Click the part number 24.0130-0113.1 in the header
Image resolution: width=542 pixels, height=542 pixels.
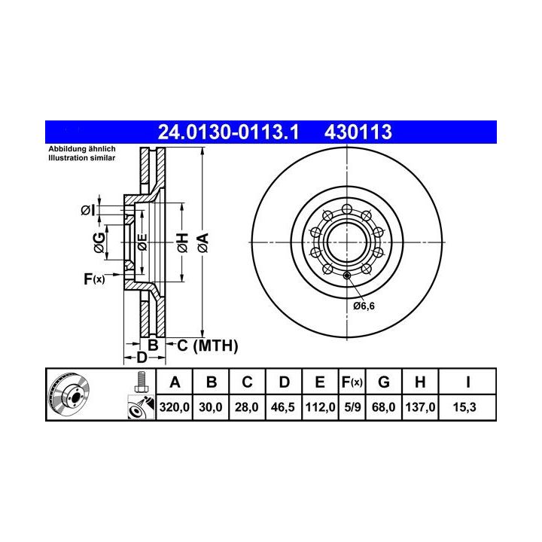pyautogui.click(x=228, y=132)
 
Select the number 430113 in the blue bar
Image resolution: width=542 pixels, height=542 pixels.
pyautogui.click(x=358, y=132)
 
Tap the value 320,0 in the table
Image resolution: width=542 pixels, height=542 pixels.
pyautogui.click(x=174, y=407)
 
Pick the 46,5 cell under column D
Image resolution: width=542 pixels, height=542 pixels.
pyautogui.click(x=283, y=407)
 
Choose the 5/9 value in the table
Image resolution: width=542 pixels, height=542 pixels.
pyautogui.click(x=352, y=407)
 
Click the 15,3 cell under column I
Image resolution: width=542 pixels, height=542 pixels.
pyautogui.click(x=464, y=407)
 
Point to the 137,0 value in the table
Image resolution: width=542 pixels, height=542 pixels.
pyautogui.click(x=420, y=407)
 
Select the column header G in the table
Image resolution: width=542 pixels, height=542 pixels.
pyautogui.click(x=384, y=382)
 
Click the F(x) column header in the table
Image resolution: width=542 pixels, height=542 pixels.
pyautogui.click(x=352, y=382)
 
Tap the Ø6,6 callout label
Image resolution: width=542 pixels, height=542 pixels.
pyautogui.click(x=364, y=306)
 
